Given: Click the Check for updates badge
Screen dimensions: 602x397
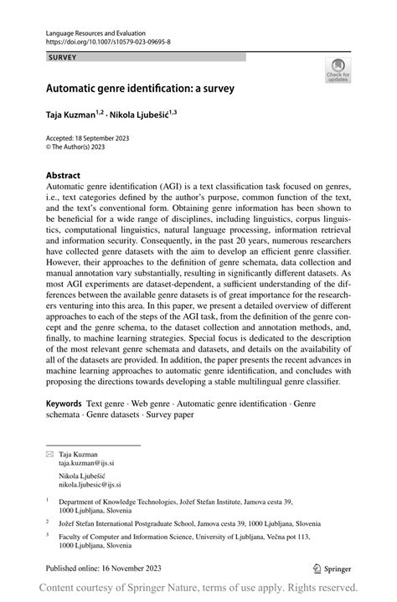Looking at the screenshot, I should pos(338,70).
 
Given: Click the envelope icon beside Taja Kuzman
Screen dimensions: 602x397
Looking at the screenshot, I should pos(49,454).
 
